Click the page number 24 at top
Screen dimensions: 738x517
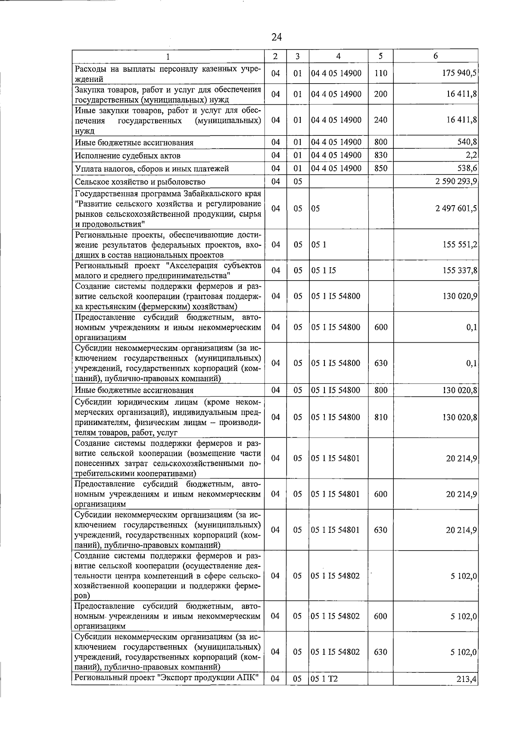click(x=277, y=37)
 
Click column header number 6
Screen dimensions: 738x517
click(x=436, y=56)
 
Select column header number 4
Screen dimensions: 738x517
click(x=338, y=56)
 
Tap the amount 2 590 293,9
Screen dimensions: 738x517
click(x=456, y=182)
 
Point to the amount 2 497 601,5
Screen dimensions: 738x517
click(x=456, y=209)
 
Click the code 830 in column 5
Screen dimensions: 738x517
click(x=380, y=156)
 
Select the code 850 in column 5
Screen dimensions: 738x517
click(x=380, y=169)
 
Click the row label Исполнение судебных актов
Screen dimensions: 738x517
click(x=128, y=156)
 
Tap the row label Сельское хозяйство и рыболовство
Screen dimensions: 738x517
click(x=140, y=182)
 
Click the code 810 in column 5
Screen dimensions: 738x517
click(x=380, y=417)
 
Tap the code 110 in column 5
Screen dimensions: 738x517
click(x=380, y=73)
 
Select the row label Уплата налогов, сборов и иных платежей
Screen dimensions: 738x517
click(x=152, y=169)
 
